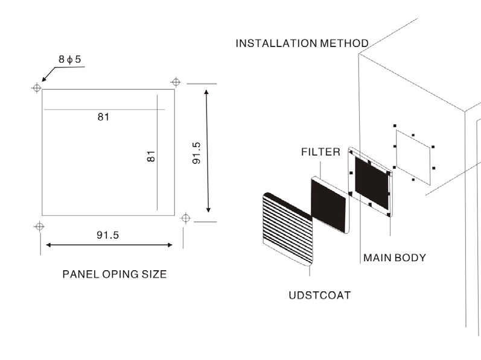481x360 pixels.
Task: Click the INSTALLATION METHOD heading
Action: tap(302, 43)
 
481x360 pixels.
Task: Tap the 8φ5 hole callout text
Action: tap(69, 59)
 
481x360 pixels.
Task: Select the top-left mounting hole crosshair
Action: tap(36, 88)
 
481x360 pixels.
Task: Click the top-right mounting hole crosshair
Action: tap(176, 82)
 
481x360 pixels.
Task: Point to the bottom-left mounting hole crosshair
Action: tap(39, 227)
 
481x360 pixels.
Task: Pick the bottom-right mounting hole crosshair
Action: tap(186, 218)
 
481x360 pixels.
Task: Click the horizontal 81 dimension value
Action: tap(103, 117)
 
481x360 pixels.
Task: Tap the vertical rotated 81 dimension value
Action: tap(151, 156)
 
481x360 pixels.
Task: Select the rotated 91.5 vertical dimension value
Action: tap(196, 153)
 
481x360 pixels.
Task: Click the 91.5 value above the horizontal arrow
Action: tap(107, 235)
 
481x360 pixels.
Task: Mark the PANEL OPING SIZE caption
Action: tap(115, 274)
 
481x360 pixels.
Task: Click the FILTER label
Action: tap(320, 152)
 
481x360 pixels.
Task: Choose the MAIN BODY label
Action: tap(395, 257)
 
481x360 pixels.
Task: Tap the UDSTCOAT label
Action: tap(320, 295)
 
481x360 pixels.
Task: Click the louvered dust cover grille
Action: tap(288, 229)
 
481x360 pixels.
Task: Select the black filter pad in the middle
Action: tap(328, 205)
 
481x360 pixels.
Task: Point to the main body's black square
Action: tap(372, 183)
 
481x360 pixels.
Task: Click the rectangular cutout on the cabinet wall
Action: tap(413, 157)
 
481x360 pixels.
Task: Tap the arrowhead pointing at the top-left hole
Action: tap(45, 78)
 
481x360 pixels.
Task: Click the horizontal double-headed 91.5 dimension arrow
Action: tap(109, 245)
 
